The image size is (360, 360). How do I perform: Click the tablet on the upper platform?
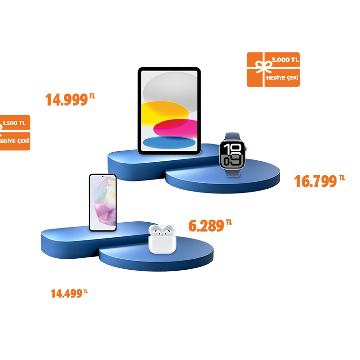point(169,110)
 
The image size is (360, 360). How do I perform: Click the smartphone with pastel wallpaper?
point(103,202)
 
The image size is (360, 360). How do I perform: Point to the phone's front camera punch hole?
point(103,178)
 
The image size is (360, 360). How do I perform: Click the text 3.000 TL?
point(285,60)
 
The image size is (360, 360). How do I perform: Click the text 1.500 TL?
point(14,123)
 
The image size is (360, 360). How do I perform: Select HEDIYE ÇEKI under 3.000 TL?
point(282,77)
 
